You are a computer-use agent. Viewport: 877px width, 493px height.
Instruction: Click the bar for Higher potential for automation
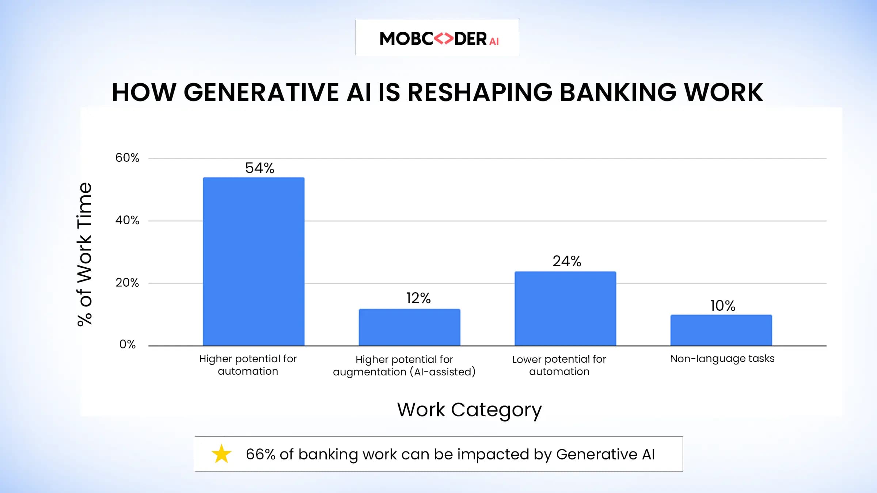(x=254, y=261)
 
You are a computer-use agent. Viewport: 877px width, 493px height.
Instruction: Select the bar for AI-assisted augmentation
(x=409, y=327)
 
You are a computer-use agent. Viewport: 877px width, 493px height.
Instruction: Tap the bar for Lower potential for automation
(x=565, y=309)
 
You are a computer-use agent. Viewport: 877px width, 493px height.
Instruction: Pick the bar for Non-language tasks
(x=721, y=330)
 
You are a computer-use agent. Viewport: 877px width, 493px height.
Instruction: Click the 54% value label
(x=259, y=168)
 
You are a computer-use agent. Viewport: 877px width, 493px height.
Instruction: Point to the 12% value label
(x=418, y=298)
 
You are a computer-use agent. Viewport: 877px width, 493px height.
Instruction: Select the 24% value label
(x=567, y=261)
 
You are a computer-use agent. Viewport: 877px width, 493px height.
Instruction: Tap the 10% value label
(x=722, y=306)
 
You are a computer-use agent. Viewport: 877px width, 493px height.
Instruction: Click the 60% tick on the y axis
(x=127, y=158)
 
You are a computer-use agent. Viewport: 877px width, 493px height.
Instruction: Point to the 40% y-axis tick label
(x=127, y=220)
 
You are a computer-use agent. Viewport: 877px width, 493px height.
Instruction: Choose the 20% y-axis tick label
(x=127, y=283)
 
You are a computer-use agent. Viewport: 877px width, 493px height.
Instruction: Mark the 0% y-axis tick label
(x=127, y=344)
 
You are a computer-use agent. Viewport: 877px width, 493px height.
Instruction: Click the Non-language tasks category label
(x=722, y=359)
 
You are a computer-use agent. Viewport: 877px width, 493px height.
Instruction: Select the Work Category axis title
(x=469, y=410)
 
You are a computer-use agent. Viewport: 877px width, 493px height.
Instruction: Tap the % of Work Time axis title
(x=84, y=254)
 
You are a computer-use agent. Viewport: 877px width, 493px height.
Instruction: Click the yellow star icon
(x=221, y=454)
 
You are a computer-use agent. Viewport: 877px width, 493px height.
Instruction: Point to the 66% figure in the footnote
(x=260, y=454)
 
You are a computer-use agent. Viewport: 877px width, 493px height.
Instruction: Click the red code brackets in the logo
(x=444, y=38)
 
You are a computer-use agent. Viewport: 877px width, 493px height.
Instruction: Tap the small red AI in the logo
(x=494, y=42)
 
